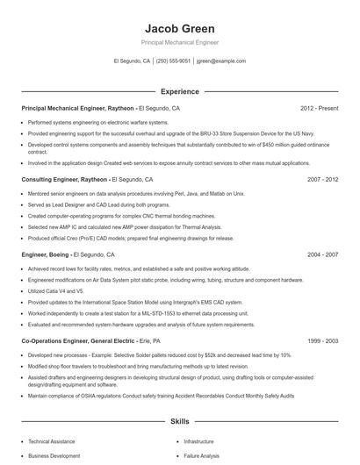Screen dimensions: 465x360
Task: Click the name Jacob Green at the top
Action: [x=179, y=28]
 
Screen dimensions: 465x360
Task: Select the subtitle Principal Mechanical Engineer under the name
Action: [x=179, y=42]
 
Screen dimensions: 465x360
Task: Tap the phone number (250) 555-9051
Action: [x=174, y=61]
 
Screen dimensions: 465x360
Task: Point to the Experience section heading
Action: [x=179, y=90]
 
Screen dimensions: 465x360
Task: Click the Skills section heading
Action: [x=179, y=421]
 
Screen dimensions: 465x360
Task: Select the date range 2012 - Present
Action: [x=319, y=108]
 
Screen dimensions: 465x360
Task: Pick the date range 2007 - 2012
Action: [x=322, y=179]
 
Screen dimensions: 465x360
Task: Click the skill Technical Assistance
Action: [x=52, y=441]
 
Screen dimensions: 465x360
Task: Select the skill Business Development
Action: [x=54, y=457]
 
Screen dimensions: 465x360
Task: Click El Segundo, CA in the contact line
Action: [x=132, y=61]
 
